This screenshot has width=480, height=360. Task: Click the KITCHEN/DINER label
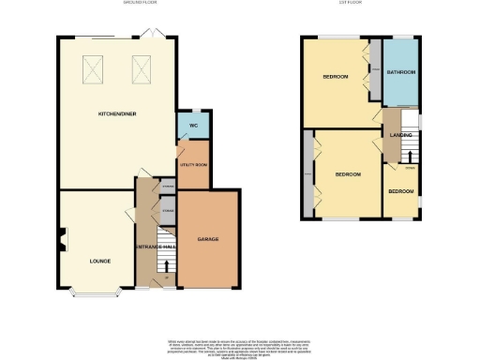pyautogui.click(x=116, y=113)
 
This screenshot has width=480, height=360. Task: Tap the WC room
pyautogui.click(x=192, y=125)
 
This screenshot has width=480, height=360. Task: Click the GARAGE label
pyautogui.click(x=208, y=239)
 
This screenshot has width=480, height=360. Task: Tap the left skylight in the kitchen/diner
pyautogui.click(x=95, y=67)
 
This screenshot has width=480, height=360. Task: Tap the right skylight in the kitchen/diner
pyautogui.click(x=142, y=67)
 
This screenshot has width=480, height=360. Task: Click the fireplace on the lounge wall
pyautogui.click(x=62, y=241)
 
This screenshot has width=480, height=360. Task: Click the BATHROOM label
pyautogui.click(x=402, y=72)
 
